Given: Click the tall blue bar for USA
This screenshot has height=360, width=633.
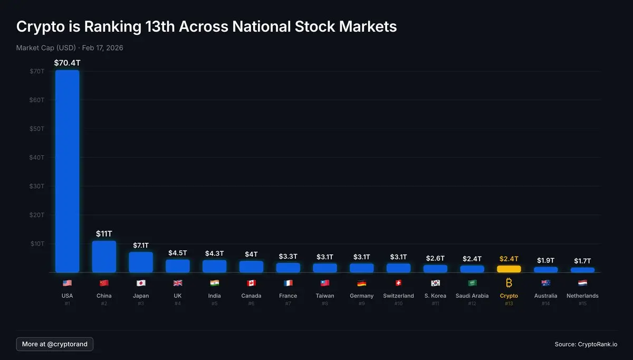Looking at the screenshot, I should [67, 171].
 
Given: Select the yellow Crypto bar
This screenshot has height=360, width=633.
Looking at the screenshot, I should [509, 269].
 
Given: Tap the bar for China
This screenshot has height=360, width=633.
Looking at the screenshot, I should [104, 257].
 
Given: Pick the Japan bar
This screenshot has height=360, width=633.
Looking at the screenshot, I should [141, 262].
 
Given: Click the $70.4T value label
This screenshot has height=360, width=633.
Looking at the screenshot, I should [67, 63].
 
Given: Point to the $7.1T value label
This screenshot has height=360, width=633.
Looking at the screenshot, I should [141, 245].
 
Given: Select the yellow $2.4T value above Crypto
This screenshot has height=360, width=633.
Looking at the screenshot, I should [509, 259].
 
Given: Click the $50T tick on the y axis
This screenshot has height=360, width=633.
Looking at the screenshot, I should [37, 129].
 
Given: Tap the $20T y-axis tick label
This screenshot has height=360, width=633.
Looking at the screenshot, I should [37, 215].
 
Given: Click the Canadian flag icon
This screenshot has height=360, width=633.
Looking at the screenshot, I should [251, 283].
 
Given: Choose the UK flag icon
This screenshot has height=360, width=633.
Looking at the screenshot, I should [178, 283].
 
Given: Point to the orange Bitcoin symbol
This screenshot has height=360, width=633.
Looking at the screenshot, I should [509, 283].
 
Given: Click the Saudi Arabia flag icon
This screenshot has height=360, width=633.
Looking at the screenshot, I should [472, 283].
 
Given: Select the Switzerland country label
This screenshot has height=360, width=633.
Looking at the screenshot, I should [398, 296].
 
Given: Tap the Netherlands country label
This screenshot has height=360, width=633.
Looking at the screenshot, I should [582, 296].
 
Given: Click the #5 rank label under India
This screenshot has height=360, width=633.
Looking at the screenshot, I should [214, 304].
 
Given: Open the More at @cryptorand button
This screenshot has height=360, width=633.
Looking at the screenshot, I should [55, 344].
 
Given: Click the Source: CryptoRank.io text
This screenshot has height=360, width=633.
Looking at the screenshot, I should [586, 344].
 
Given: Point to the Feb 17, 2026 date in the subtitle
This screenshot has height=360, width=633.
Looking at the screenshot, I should [103, 48].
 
